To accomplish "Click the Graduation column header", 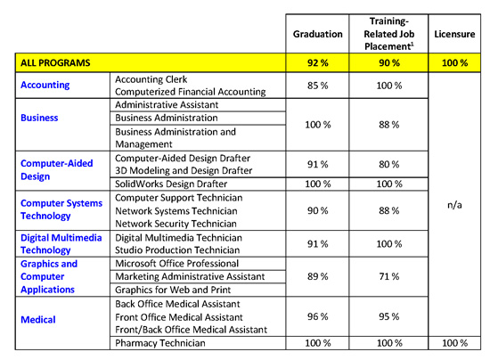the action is pyautogui.click(x=317, y=34).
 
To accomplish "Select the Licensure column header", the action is pyautogui.click(x=454, y=34).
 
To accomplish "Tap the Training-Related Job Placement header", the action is pyautogui.click(x=389, y=34).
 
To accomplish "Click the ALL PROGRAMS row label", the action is pyautogui.click(x=55, y=62).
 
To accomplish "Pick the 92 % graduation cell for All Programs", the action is pyautogui.click(x=317, y=62).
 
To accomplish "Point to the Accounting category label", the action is pyautogui.click(x=45, y=85).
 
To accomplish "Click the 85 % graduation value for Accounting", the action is pyautogui.click(x=317, y=86).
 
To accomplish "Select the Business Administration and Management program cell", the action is pyautogui.click(x=176, y=138).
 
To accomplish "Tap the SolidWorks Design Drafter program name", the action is pyautogui.click(x=171, y=184).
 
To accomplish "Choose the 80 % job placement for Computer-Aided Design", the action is pyautogui.click(x=389, y=164).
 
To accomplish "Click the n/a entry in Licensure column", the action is pyautogui.click(x=454, y=205).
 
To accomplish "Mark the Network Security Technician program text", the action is pyautogui.click(x=176, y=224).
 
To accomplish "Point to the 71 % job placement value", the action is pyautogui.click(x=389, y=276).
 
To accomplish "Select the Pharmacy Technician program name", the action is pyautogui.click(x=160, y=343).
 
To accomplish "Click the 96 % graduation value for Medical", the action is pyautogui.click(x=317, y=316).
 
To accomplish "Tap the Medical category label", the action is pyautogui.click(x=38, y=319).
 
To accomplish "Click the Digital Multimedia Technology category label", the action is pyautogui.click(x=61, y=244).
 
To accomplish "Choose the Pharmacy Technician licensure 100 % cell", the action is pyautogui.click(x=454, y=343).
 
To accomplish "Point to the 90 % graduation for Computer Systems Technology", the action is pyautogui.click(x=317, y=210).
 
